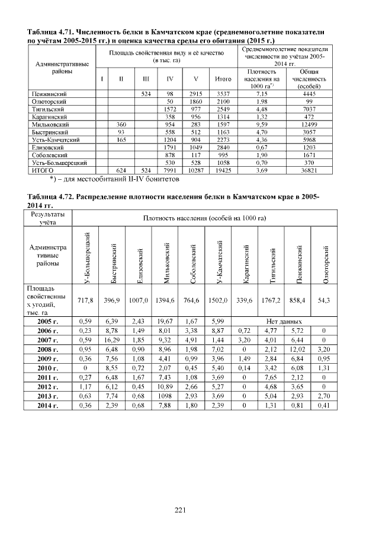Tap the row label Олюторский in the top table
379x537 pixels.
[48, 102]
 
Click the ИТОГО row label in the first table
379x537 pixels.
[42, 170]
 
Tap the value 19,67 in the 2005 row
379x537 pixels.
[169, 321]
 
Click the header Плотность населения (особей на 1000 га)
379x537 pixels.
[204, 218]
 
